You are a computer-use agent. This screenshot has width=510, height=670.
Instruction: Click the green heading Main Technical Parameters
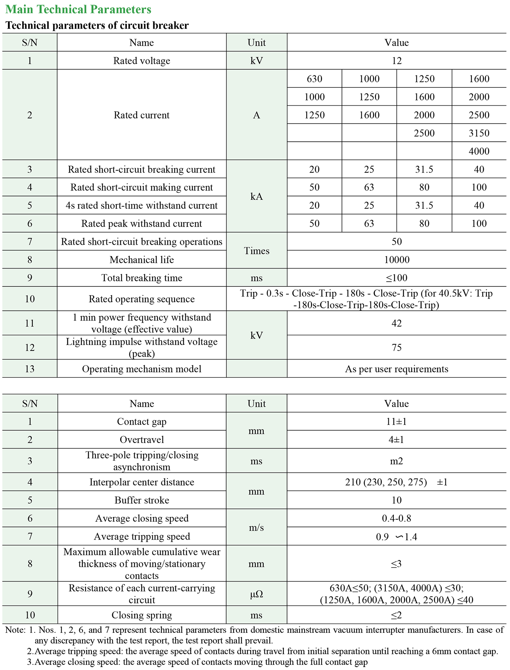[x=78, y=9]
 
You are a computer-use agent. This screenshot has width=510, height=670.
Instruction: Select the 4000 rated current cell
[x=479, y=151]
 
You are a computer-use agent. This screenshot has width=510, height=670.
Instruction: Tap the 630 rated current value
[x=314, y=79]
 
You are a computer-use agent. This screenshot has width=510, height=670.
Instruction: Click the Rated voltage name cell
[x=141, y=60]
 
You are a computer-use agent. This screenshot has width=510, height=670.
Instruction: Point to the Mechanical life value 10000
[x=396, y=260]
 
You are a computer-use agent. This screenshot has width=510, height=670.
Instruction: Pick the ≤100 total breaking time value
[x=396, y=278]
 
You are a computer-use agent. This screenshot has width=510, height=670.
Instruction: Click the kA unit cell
[x=256, y=196]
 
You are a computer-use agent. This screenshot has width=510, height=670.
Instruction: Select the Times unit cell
[x=256, y=251]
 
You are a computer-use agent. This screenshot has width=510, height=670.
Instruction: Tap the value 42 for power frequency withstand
[x=396, y=323]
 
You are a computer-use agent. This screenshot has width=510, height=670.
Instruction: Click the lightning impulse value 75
[x=396, y=348]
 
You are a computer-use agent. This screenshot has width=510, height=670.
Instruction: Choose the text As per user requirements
[x=396, y=369]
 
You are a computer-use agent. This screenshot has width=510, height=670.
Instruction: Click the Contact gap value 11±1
[x=396, y=422]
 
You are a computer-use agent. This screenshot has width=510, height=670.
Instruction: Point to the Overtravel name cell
[x=141, y=440]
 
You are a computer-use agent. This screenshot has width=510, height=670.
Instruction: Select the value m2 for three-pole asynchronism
[x=396, y=461]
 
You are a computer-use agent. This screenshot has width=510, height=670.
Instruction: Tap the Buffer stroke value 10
[x=396, y=500]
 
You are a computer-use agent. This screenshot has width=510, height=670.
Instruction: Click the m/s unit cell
[x=256, y=528]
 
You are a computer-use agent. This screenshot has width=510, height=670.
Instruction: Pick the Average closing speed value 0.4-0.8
[x=396, y=518]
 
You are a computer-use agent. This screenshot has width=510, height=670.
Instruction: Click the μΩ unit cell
[x=256, y=595]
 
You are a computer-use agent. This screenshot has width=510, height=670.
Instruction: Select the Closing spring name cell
[x=141, y=615]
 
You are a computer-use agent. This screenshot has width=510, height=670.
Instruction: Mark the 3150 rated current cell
[x=479, y=133]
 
